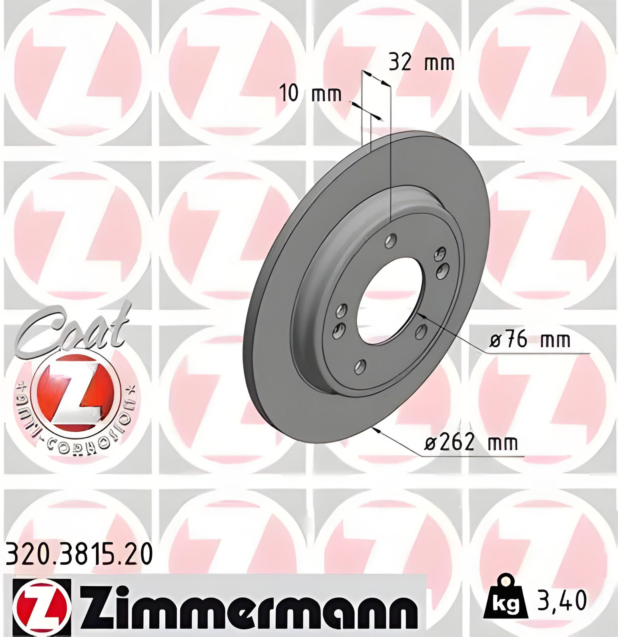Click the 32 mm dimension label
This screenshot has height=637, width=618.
tap(421, 63)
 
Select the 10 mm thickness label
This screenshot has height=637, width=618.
tap(311, 94)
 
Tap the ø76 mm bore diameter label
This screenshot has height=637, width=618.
tap(530, 341)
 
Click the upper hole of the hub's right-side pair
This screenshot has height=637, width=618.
tap(441, 254)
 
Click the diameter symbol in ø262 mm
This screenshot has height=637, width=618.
tap(431, 443)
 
